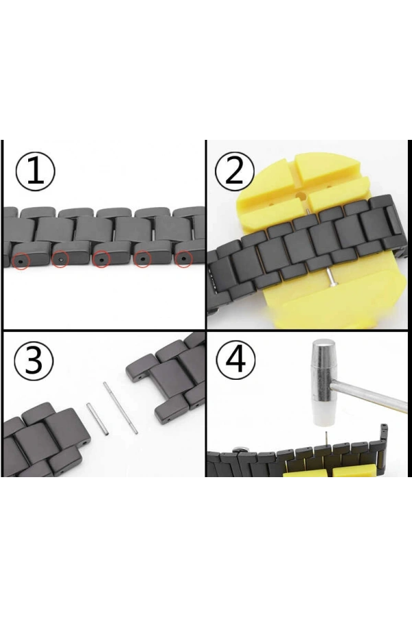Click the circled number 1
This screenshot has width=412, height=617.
tap(34, 171)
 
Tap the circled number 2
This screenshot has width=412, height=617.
tap(235, 171)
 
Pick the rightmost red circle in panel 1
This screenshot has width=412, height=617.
tap(183, 259)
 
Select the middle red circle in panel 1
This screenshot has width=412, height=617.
tap(102, 261)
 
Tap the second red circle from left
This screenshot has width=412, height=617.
tap(60, 261)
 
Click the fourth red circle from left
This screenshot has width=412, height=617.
tap(143, 260)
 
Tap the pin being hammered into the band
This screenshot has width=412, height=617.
tap(321, 438)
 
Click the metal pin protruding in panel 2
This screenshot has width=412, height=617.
tap(332, 276)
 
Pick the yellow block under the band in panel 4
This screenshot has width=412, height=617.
tap(343, 470)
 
